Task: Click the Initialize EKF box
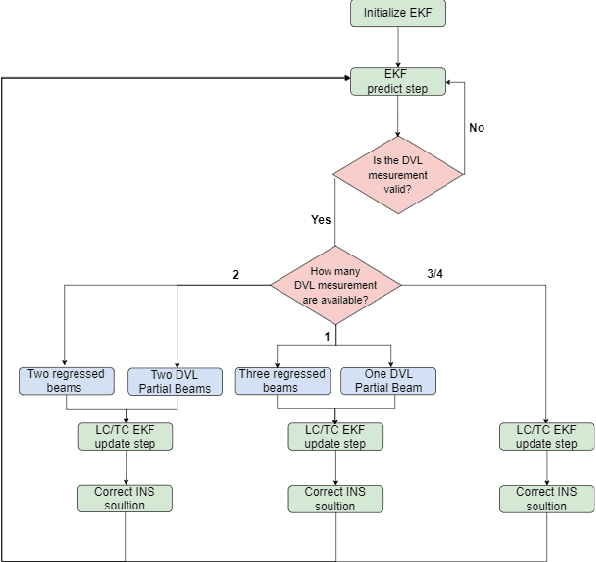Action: tap(398, 13)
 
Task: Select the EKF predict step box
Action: tap(398, 81)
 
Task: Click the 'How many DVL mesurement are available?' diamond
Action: tap(336, 285)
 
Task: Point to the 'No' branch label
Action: tap(476, 128)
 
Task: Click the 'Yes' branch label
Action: tap(321, 220)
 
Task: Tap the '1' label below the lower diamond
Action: tap(326, 337)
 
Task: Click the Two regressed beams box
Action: tap(65, 380)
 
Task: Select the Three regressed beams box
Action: tap(281, 380)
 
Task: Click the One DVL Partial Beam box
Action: tap(388, 380)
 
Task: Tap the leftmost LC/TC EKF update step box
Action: tap(126, 436)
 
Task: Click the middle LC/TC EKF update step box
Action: tap(335, 436)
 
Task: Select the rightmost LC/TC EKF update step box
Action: tap(546, 436)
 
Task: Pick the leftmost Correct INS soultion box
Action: tap(126, 498)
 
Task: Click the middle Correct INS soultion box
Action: tap(335, 498)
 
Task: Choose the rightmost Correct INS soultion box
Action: tap(546, 498)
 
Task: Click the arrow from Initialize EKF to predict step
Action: tap(398, 47)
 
